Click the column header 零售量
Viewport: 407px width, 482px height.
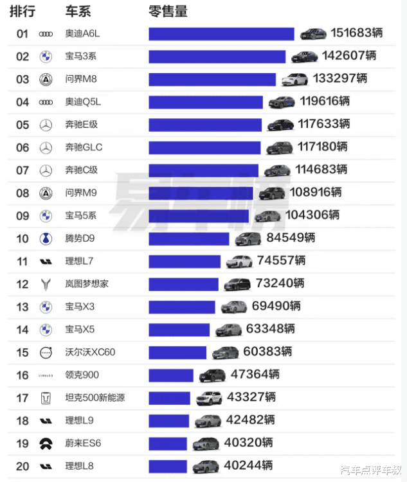tap(168, 12)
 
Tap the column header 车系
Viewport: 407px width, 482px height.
tap(78, 12)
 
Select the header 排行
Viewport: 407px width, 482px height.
tap(23, 12)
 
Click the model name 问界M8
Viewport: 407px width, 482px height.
tap(81, 79)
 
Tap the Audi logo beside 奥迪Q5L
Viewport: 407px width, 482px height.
tap(46, 102)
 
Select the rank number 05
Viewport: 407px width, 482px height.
tap(23, 125)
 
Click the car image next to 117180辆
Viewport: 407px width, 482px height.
tap(279, 148)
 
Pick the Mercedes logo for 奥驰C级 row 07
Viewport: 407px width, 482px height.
tap(46, 170)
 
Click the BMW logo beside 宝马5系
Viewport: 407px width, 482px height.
tap(46, 216)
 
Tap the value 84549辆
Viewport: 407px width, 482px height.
tap(291, 238)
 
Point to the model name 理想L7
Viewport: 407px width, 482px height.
tap(80, 261)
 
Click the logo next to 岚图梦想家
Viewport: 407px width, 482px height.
tap(46, 283)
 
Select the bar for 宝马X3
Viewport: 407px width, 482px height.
tap(183, 307)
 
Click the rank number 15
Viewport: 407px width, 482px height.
tap(23, 352)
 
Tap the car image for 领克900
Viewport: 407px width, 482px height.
tap(212, 375)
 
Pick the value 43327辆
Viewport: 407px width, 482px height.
tap(251, 397)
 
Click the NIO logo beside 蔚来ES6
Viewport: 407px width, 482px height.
tap(46, 443)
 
